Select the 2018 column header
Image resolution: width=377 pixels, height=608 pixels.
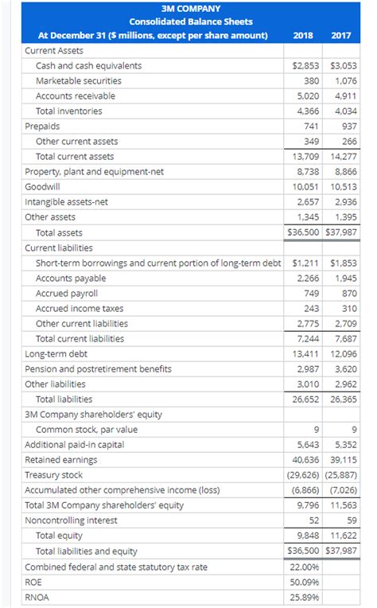tap(303, 36)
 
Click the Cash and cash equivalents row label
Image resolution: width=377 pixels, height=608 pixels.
tap(88, 66)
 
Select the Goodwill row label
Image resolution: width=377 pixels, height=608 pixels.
tap(42, 186)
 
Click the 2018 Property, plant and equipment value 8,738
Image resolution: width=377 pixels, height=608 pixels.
tap(307, 171)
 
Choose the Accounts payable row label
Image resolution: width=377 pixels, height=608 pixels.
tap(72, 278)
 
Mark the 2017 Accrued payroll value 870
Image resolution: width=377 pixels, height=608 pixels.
tap(347, 293)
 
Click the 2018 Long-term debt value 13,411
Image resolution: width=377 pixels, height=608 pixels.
tap(305, 353)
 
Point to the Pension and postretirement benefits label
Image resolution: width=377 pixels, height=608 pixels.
tap(99, 368)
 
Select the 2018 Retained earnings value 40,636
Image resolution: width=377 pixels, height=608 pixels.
tap(305, 459)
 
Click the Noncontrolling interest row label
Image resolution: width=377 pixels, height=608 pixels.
tap(71, 520)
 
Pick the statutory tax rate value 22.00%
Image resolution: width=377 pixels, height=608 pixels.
tap(304, 566)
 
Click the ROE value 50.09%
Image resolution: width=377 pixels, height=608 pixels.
tap(304, 581)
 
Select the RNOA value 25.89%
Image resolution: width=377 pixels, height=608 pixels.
tap(304, 596)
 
